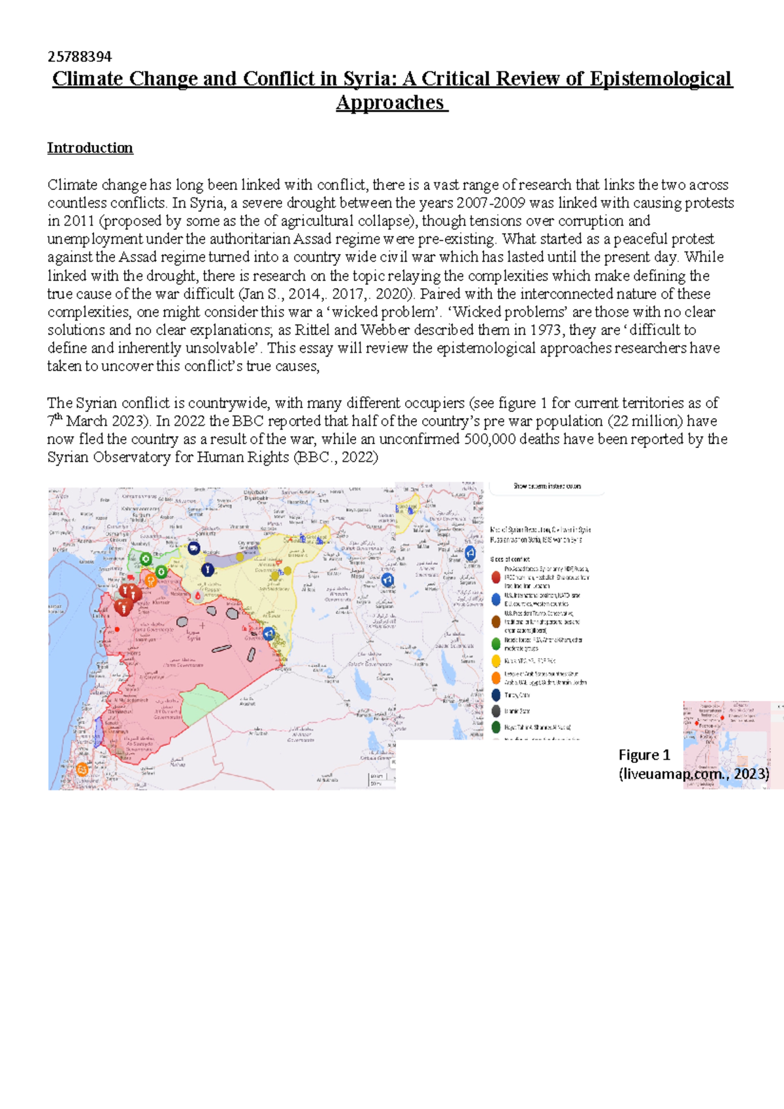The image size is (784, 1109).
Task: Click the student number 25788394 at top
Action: point(79,57)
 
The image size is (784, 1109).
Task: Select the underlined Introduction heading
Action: point(90,148)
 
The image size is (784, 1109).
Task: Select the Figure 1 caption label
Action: point(644,755)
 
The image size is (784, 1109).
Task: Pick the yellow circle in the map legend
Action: point(496,661)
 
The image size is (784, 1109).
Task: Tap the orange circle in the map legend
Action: point(496,678)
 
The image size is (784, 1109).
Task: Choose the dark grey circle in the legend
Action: point(496,711)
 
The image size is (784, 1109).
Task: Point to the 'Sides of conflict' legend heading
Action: point(510,559)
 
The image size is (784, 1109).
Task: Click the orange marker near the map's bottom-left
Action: point(82,769)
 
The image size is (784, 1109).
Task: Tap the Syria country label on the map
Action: point(194,637)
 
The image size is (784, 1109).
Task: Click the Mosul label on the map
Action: point(358,577)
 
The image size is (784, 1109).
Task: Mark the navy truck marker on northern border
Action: point(193,549)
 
